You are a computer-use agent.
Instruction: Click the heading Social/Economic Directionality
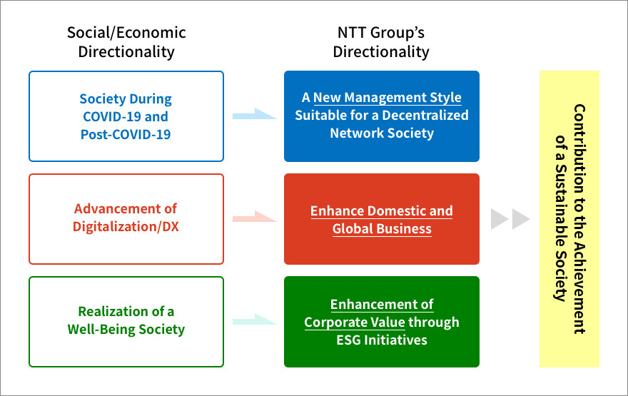(x=126, y=42)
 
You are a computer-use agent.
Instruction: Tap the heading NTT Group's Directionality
(x=381, y=42)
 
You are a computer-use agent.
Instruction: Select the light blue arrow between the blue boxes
(x=254, y=114)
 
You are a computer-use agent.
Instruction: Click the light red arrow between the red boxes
(x=254, y=217)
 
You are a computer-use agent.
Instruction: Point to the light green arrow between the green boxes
(x=254, y=319)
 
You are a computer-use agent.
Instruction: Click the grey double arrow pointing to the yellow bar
(x=510, y=219)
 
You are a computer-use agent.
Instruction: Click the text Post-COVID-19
(x=126, y=134)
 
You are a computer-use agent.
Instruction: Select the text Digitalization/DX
(x=126, y=227)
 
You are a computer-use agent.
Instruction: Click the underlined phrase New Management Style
(x=388, y=98)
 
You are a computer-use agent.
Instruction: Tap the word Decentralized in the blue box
(x=425, y=116)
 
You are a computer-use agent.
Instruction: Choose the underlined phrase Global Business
(x=382, y=228)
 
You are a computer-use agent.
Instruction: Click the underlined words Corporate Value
(x=355, y=323)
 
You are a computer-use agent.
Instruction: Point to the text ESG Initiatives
(x=382, y=340)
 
